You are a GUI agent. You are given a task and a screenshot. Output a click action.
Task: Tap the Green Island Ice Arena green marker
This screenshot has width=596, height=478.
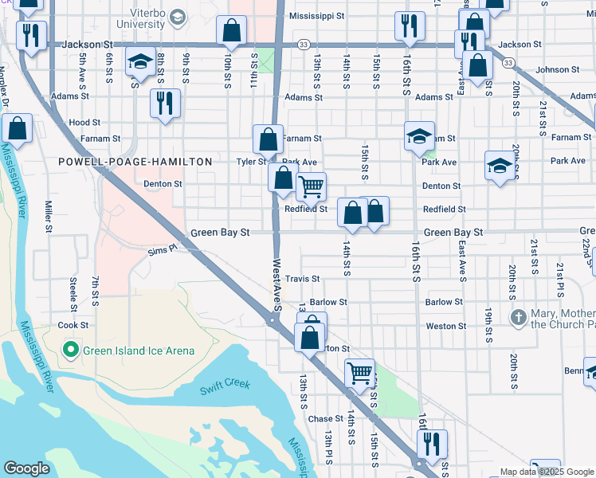(70, 349)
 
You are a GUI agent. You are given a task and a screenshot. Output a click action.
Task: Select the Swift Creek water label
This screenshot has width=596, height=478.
(227, 384)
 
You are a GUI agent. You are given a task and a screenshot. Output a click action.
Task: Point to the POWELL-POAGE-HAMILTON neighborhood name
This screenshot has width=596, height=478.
(135, 162)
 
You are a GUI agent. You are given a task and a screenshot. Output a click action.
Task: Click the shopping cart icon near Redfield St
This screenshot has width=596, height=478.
(311, 187)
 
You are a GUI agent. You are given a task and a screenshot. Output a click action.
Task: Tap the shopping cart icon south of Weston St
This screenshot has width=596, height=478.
(359, 372)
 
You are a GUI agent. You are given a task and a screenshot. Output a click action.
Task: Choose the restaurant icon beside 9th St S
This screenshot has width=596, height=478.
(165, 103)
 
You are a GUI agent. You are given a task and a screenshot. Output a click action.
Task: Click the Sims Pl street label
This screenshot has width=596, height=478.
(162, 250)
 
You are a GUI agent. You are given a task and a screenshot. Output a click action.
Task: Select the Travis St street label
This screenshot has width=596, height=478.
(303, 279)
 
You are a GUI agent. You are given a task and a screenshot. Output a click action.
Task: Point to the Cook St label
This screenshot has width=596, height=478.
(73, 326)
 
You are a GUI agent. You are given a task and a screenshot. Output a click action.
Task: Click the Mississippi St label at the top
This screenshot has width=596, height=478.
(317, 15)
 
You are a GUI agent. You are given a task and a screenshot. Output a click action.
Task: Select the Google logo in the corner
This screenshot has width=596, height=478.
(26, 468)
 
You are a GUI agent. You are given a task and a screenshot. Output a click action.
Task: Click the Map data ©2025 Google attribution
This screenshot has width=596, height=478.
(546, 472)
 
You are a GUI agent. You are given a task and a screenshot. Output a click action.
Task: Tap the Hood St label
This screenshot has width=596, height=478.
(84, 123)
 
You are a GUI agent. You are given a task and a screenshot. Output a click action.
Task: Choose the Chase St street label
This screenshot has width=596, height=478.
(325, 419)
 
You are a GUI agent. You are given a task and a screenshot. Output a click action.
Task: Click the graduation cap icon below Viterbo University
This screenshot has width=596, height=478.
(140, 61)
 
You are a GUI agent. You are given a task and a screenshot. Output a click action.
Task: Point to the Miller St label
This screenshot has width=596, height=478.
(49, 217)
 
